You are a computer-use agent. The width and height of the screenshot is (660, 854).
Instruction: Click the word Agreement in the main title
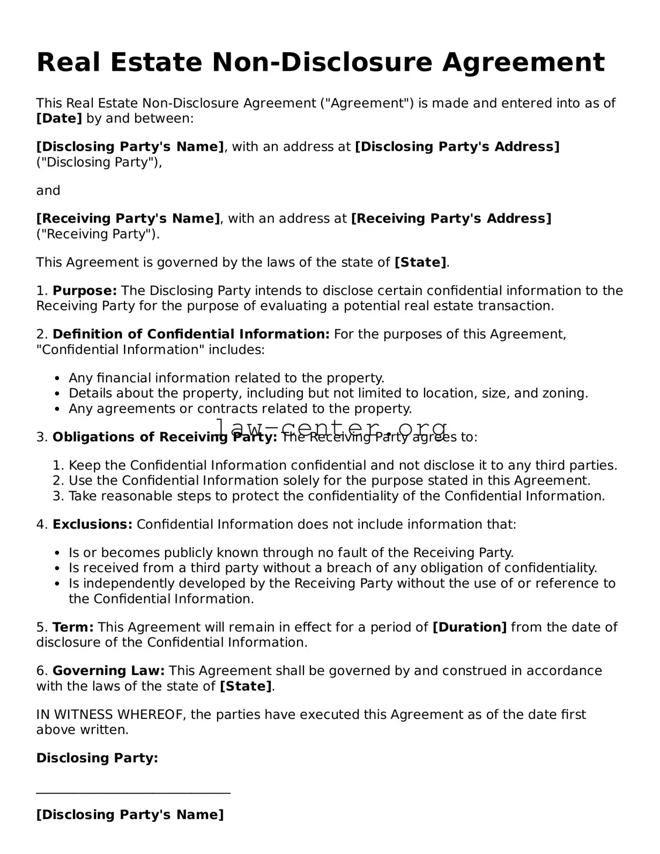(x=523, y=63)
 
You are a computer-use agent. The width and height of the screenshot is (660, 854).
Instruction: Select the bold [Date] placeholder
(x=59, y=118)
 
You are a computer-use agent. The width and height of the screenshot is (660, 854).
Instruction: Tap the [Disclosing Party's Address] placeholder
(x=457, y=147)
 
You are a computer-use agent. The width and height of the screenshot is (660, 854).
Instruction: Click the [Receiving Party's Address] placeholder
(x=451, y=219)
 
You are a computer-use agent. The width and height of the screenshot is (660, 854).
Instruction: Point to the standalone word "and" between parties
(x=48, y=191)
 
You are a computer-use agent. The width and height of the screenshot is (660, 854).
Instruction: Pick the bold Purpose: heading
(x=85, y=291)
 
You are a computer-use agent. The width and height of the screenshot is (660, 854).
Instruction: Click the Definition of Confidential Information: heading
(x=191, y=335)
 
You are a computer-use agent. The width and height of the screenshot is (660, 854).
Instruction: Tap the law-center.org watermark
(x=331, y=427)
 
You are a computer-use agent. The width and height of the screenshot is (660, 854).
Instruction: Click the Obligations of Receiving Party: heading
(x=165, y=437)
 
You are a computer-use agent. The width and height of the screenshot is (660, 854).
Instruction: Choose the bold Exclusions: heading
(x=92, y=524)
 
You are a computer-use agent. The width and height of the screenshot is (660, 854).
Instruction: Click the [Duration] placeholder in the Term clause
(x=469, y=627)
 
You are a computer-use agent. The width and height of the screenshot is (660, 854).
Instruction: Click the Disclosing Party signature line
(x=133, y=792)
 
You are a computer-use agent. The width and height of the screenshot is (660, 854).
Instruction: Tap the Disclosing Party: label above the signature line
(x=97, y=758)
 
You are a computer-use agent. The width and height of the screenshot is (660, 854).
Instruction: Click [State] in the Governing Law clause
(x=246, y=686)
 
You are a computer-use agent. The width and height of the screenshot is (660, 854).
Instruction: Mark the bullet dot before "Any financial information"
(x=57, y=378)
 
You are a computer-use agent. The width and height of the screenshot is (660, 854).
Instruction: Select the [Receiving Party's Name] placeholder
(x=128, y=219)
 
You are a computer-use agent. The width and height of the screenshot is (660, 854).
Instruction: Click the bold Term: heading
(x=73, y=627)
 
